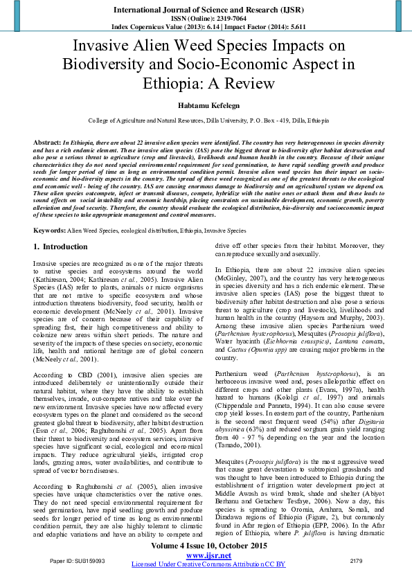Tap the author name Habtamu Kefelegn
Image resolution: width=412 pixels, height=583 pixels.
[206, 105]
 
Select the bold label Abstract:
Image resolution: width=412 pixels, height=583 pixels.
[47, 141]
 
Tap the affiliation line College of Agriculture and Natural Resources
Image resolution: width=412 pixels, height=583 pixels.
[206, 120]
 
